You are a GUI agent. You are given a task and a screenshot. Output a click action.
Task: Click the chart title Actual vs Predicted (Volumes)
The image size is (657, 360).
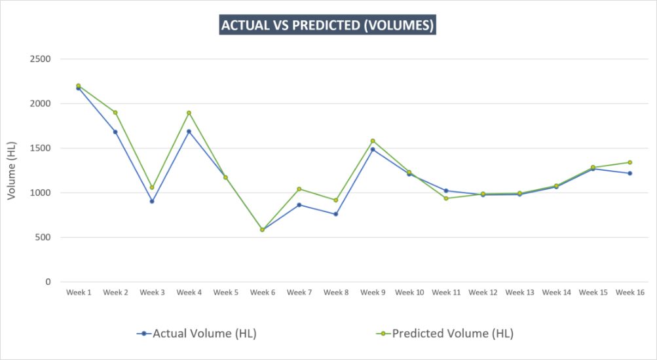click(328, 26)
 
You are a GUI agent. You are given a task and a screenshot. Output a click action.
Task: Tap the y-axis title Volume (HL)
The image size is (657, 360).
click(11, 170)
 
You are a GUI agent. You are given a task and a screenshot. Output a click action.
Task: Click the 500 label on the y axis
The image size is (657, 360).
click(43, 238)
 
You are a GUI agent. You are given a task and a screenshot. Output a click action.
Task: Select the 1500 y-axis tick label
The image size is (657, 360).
click(41, 149)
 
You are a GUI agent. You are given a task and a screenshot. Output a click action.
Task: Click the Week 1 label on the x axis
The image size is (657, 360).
click(79, 292)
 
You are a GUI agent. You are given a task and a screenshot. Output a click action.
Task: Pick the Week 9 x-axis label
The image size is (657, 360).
click(373, 292)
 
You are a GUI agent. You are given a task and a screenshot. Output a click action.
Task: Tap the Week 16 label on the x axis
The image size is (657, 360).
click(629, 292)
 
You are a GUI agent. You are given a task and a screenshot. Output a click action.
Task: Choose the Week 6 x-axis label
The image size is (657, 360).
click(262, 292)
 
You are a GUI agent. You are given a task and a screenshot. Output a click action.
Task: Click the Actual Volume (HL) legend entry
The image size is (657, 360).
click(197, 333)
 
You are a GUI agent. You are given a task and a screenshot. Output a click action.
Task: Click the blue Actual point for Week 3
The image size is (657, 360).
click(152, 201)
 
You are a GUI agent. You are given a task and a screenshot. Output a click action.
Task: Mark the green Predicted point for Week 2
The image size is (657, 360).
click(115, 113)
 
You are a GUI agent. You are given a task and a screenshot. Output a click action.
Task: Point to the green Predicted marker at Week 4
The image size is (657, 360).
click(189, 113)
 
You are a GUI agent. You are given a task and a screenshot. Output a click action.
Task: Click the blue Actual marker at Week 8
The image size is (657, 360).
click(336, 214)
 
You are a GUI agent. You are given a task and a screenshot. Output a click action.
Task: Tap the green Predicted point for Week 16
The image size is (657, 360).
click(629, 162)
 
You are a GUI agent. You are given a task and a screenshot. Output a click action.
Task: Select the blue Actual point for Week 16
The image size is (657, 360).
click(629, 173)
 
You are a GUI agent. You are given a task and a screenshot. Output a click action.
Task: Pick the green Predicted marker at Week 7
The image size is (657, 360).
click(299, 189)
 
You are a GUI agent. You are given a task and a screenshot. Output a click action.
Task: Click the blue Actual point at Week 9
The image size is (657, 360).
click(373, 149)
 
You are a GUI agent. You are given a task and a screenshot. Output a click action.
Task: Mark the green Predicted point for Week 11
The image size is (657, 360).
click(446, 198)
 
